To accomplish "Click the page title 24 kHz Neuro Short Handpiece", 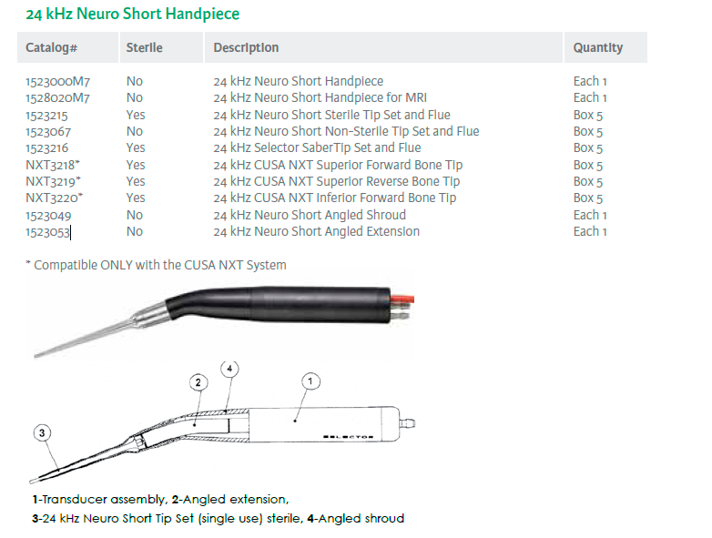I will coord(133,15).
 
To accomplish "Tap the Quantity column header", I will coord(597,47).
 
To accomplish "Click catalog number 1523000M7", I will coord(58,81).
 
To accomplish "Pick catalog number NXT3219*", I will coord(54,181).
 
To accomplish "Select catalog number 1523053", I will coord(47,231).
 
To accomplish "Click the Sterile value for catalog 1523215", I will coord(136,115).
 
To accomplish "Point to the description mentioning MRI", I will coord(320,97).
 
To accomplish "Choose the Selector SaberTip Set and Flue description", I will coord(317,147).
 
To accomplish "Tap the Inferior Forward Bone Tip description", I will coord(335,198).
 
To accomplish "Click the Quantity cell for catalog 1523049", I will coord(590,215).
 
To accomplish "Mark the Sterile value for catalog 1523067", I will coord(135,131).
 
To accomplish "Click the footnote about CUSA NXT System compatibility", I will coord(156,265).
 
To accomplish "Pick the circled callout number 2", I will coord(195,382).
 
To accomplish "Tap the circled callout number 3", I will coord(43,432).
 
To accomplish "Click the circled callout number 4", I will coord(231,368).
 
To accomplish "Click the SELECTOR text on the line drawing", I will coord(348,437).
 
